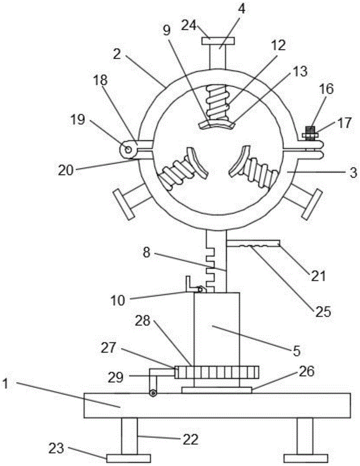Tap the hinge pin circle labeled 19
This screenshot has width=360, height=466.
tap(126, 149)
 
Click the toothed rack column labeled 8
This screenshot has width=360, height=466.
tap(216, 261)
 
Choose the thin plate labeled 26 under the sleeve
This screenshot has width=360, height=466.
tap(217, 390)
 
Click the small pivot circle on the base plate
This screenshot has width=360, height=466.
tap(152, 393)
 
